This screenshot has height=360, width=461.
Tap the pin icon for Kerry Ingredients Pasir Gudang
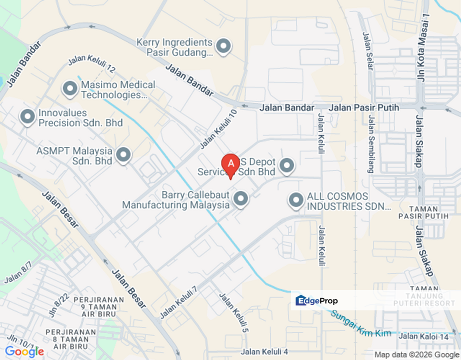pos(223,46)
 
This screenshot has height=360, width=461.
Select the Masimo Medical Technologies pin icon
pos(69,89)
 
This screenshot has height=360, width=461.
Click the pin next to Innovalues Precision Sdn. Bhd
pos(27,117)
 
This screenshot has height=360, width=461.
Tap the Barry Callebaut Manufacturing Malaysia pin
pos(241,199)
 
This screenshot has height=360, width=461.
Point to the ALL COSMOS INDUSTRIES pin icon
pos(296,201)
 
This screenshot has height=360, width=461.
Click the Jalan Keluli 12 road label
pos(91,63)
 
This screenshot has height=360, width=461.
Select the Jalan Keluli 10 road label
pos(218,129)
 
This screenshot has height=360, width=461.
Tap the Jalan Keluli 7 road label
pos(178,302)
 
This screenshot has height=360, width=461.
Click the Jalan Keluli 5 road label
pos(233,312)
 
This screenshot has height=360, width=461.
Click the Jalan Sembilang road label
pos(371,144)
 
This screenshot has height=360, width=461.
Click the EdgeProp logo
pos(317,300)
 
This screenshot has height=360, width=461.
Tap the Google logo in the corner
pos(25,351)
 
